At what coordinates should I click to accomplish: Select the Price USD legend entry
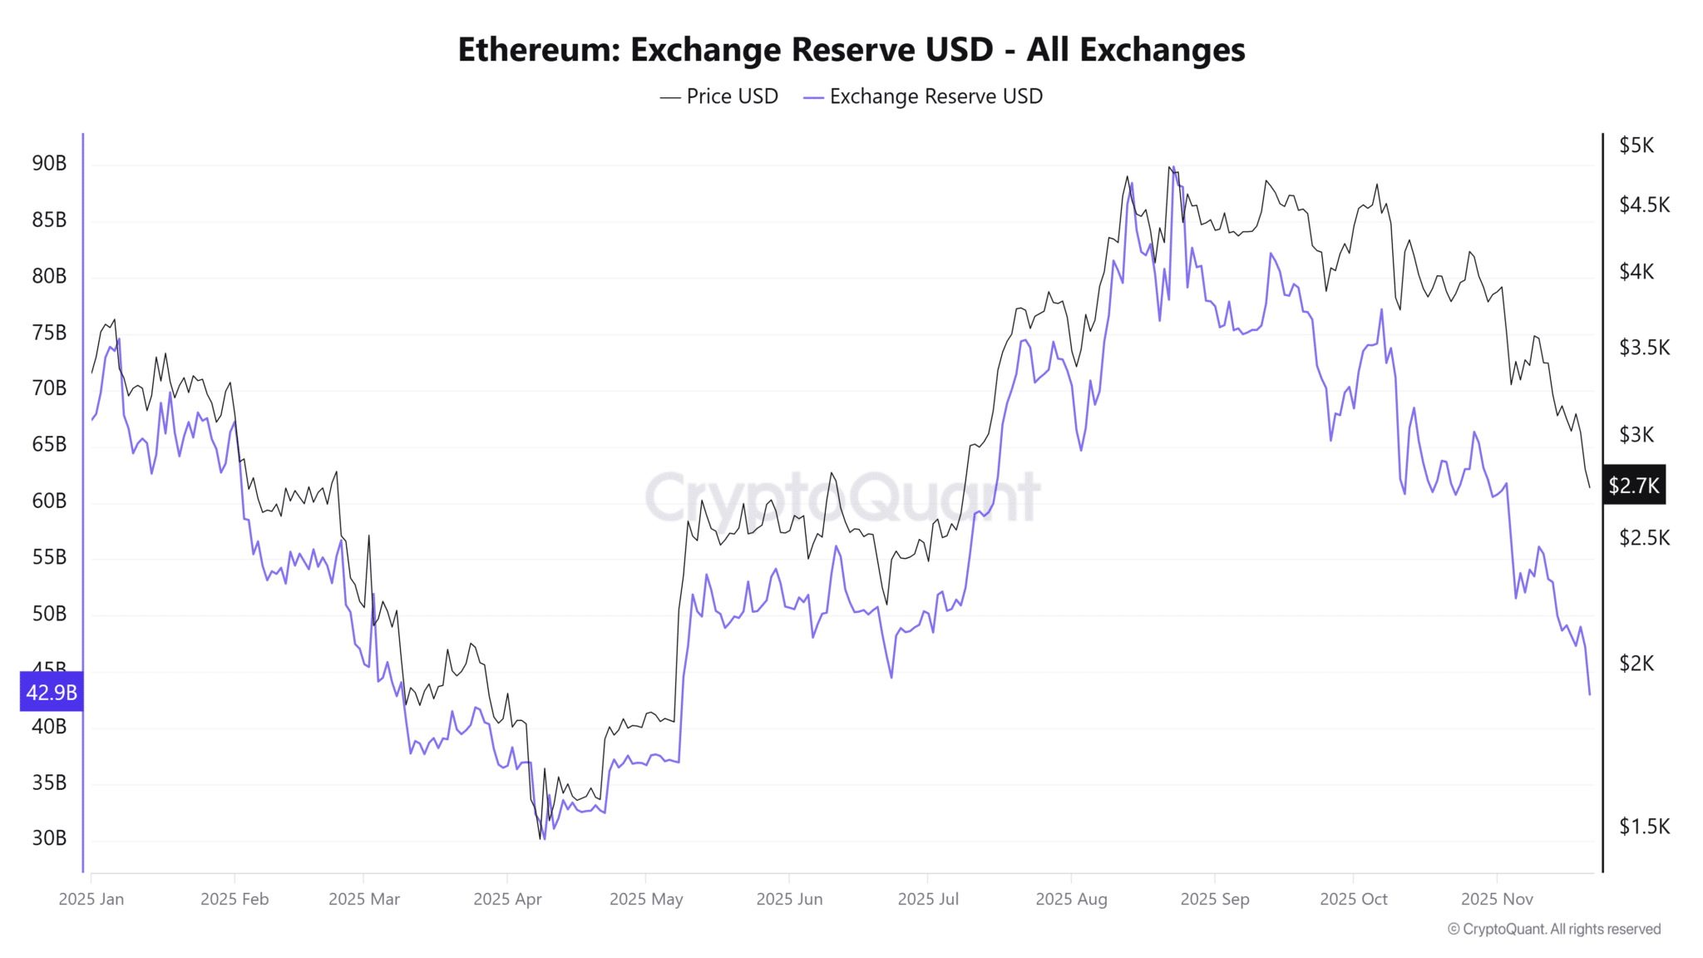point(719,96)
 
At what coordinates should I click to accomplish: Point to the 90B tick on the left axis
point(49,163)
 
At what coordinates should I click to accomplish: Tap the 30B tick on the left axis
point(49,837)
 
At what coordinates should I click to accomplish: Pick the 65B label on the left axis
point(49,444)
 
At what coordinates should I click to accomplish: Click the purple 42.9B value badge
point(52,692)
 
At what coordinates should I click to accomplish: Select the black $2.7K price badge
point(1633,486)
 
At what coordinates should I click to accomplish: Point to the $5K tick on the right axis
point(1636,146)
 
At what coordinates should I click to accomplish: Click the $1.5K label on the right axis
point(1644,826)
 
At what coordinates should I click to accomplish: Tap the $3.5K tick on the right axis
point(1644,348)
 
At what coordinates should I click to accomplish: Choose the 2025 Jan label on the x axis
point(91,899)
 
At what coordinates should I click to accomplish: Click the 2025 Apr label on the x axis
point(507,899)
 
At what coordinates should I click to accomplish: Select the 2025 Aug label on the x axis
point(1071,899)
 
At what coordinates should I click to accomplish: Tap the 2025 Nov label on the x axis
point(1497,899)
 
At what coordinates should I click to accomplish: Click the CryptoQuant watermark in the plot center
point(842,497)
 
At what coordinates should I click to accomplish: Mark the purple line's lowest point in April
point(544,838)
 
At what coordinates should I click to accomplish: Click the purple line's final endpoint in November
point(1589,694)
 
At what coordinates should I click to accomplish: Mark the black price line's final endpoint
point(1589,486)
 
